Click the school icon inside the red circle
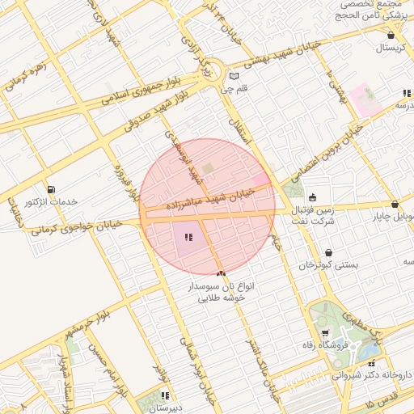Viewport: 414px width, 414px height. [x=188, y=237]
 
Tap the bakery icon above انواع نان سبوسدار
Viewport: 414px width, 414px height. [x=220, y=275]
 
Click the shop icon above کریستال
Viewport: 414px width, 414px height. [x=391, y=36]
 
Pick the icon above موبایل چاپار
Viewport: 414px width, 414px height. [x=394, y=205]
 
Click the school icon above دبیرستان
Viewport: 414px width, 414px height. [x=165, y=395]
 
